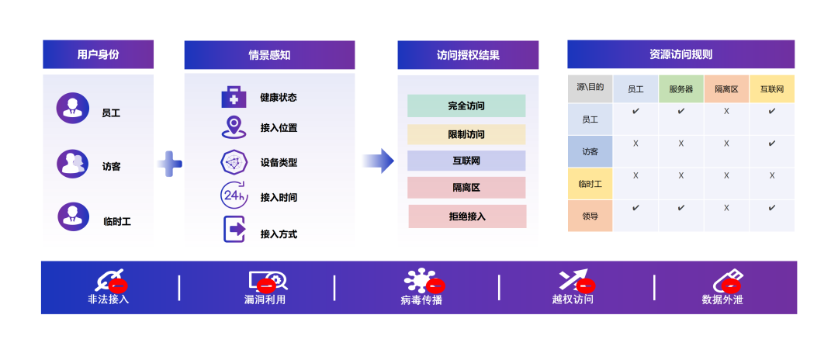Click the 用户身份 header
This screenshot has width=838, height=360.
tap(98, 54)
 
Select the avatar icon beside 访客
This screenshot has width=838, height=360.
tap(73, 164)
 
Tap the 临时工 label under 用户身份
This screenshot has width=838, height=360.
tap(116, 221)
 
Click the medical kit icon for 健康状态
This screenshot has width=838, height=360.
tap(234, 97)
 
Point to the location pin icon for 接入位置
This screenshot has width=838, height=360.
tap(233, 126)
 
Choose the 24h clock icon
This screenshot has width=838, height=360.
tap(234, 195)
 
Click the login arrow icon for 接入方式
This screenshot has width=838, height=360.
tap(234, 230)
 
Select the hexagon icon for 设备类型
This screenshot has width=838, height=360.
tap(234, 161)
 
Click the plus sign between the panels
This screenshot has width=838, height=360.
tap(170, 164)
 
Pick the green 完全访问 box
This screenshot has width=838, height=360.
tap(466, 106)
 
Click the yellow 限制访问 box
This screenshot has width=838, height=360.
tap(466, 134)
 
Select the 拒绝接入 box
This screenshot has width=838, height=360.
tap(467, 216)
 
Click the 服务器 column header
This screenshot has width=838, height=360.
tap(680, 89)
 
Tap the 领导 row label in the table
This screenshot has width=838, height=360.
tap(590, 216)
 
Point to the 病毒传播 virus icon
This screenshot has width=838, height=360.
tap(421, 281)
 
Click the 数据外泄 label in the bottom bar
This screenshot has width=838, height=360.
tap(722, 299)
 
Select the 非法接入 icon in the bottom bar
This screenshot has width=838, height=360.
tap(109, 280)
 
